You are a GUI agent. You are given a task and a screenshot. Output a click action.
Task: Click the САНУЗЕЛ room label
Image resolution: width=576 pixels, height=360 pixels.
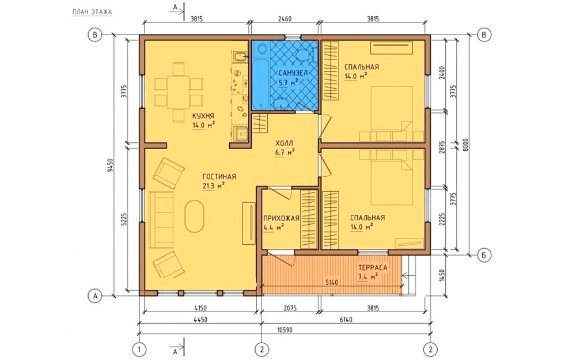pyautogui.click(x=293, y=73)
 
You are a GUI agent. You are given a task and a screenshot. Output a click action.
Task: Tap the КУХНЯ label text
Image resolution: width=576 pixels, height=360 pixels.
pyautogui.click(x=203, y=116)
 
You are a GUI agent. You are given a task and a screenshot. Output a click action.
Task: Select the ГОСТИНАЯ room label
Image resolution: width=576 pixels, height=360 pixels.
pyautogui.click(x=219, y=177)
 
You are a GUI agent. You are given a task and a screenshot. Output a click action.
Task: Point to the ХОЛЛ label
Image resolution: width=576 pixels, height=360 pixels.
pyautogui.click(x=285, y=143)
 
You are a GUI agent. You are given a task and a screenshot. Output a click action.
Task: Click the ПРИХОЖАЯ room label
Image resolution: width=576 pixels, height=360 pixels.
pyautogui.click(x=282, y=218)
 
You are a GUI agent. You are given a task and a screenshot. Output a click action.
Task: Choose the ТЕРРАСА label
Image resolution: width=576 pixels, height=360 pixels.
pyautogui.click(x=373, y=268)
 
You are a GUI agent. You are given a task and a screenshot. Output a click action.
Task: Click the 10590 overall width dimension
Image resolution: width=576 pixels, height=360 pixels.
pyautogui.click(x=285, y=330)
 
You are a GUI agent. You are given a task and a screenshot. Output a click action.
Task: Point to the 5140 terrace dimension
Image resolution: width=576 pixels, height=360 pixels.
pyautogui.click(x=331, y=282)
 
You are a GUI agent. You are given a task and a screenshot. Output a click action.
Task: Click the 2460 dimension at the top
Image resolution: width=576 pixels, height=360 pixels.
pyautogui.click(x=285, y=19)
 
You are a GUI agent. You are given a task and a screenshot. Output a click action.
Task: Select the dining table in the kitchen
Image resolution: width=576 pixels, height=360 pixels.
pyautogui.click(x=179, y=92)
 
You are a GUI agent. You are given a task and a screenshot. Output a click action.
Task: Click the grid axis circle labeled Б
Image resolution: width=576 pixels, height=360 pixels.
pyautogui.click(x=484, y=255)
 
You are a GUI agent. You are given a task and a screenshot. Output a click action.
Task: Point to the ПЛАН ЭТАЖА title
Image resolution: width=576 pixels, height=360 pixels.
pyautogui.click(x=92, y=12)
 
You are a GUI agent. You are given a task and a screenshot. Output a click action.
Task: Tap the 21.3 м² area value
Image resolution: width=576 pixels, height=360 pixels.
pyautogui.click(x=214, y=186)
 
